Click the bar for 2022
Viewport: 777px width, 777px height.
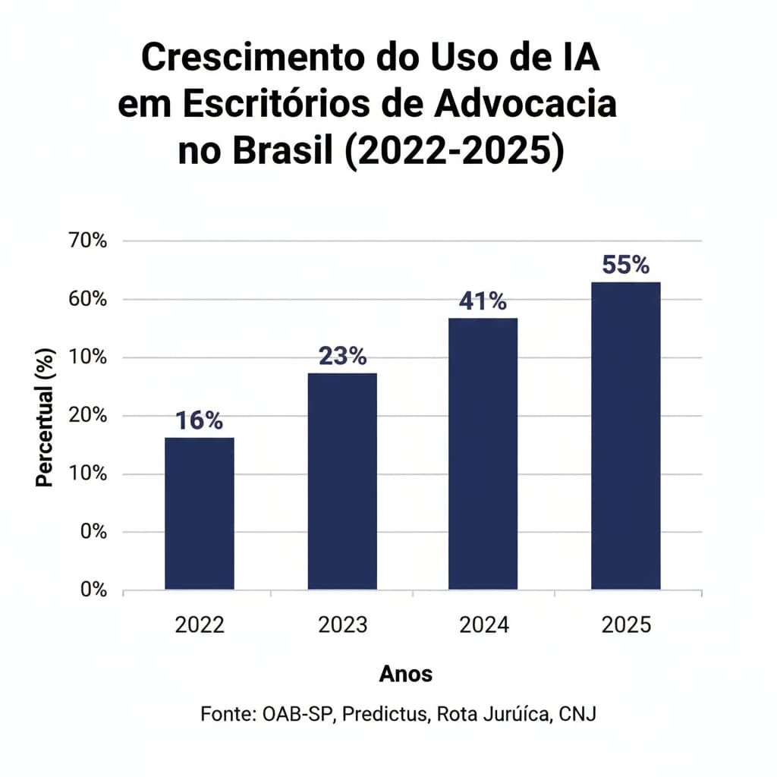pos(199,513)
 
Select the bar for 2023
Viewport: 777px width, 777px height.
pos(341,481)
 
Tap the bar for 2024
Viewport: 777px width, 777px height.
pos(483,454)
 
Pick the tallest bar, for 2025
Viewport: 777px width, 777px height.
pos(625,436)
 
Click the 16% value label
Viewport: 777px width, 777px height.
pos(199,420)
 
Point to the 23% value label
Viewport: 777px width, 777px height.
pos(342,356)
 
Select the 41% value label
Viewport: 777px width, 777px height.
pos(483,301)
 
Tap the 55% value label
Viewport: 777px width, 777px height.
pos(625,265)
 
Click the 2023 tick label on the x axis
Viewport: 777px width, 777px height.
pos(342,625)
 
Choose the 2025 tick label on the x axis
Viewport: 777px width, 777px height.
pos(625,625)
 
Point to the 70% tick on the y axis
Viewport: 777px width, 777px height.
pos(89,241)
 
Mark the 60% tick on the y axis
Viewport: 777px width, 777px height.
pos(89,299)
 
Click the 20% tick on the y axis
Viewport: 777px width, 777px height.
pos(89,416)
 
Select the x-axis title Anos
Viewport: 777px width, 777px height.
pos(405,673)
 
